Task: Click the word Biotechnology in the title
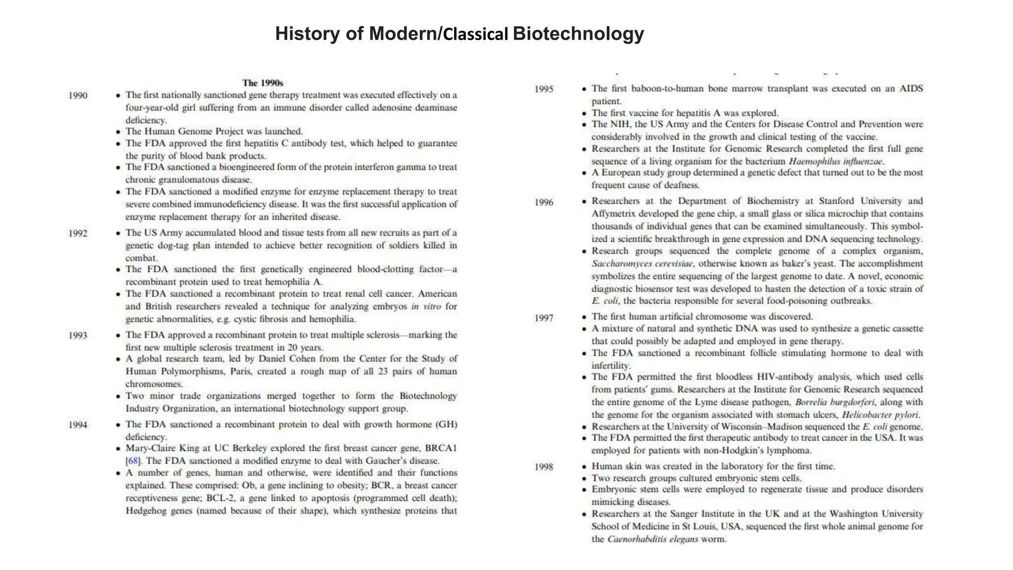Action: point(578,34)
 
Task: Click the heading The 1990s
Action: point(262,83)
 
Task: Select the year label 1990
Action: point(78,95)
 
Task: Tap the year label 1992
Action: point(78,234)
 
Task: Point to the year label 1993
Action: point(78,335)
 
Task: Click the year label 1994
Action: point(78,425)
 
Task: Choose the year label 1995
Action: point(544,90)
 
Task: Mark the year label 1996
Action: point(544,202)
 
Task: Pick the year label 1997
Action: point(544,318)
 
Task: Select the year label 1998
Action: point(544,467)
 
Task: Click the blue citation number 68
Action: point(133,461)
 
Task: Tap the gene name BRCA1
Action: point(441,448)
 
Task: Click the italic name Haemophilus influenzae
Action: point(836,161)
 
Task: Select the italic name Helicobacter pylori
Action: point(880,415)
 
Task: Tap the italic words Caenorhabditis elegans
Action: point(652,539)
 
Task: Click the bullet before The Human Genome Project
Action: point(118,132)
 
